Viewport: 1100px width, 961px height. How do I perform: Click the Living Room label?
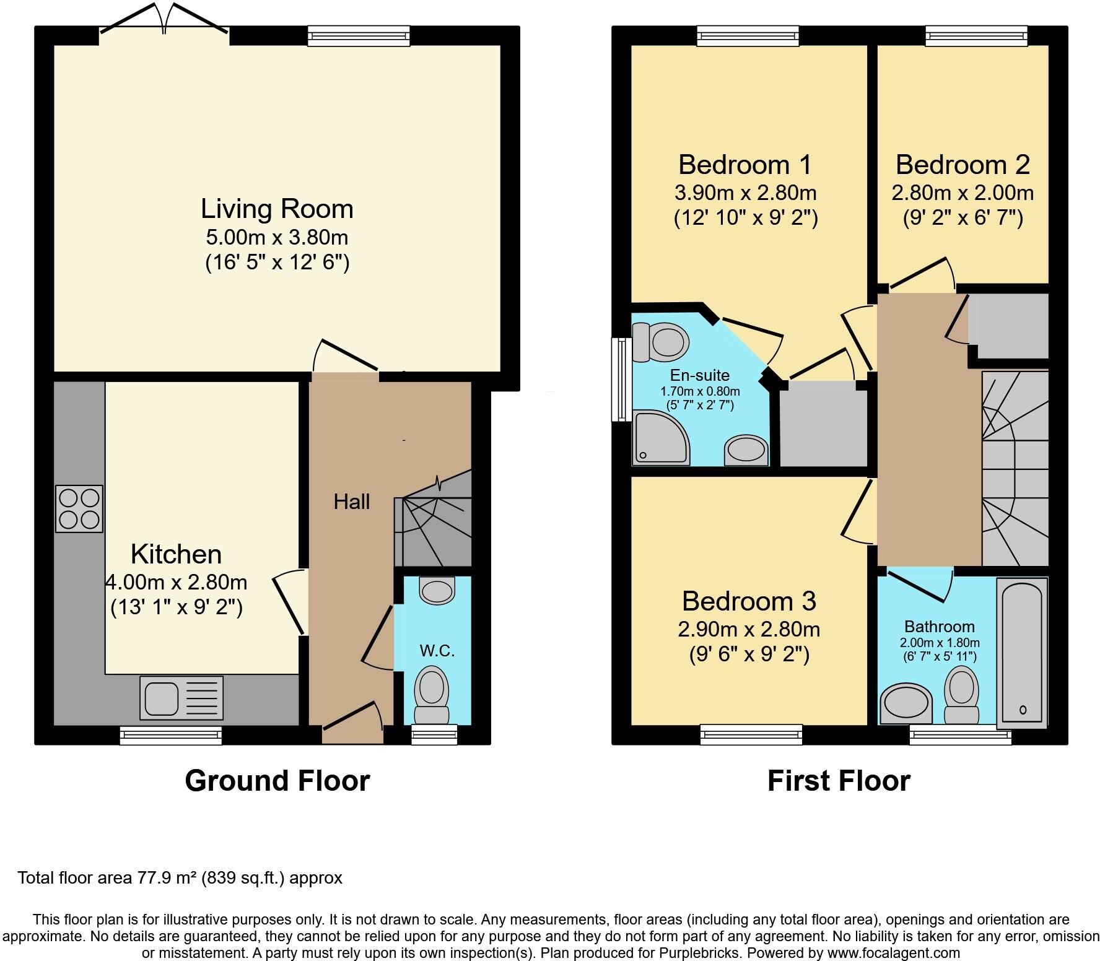point(277,209)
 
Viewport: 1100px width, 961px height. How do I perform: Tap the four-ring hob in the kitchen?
point(79,509)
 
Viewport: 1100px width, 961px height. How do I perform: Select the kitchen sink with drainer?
point(181,698)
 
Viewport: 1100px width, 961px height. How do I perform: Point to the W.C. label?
point(437,650)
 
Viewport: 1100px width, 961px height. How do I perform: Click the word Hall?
point(351,502)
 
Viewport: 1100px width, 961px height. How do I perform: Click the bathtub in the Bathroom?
point(1022,652)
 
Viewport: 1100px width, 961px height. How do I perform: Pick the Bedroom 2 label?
point(962,165)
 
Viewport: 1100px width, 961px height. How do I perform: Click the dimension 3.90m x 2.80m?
point(745,193)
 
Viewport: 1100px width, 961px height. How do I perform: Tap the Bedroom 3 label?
point(749,601)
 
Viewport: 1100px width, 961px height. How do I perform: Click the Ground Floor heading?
point(277,781)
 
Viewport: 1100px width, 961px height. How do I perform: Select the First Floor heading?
point(839,781)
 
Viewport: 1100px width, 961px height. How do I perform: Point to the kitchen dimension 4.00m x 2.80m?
point(177,582)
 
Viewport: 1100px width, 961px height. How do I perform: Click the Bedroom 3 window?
point(751,735)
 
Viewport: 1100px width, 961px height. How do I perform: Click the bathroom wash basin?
point(906,704)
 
